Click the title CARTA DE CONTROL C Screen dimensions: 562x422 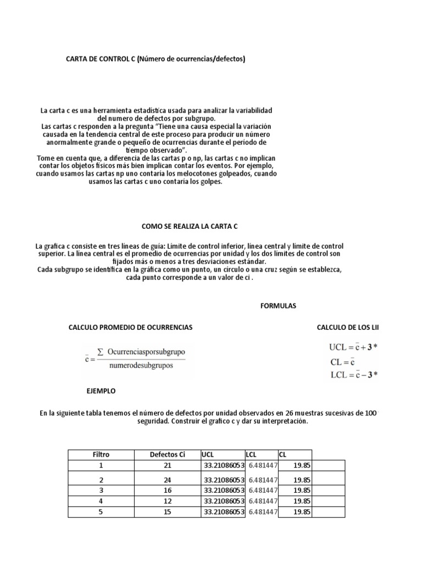click(156, 58)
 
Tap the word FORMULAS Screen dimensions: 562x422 click(278, 306)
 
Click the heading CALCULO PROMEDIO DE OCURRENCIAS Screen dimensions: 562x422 click(130, 327)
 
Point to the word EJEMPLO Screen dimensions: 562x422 click(101, 391)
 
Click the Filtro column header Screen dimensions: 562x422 click(101, 454)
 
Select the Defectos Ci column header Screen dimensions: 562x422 click(168, 454)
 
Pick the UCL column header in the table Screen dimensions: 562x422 click(208, 454)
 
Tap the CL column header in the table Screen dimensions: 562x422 click(282, 454)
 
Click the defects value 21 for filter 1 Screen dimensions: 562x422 click(168, 465)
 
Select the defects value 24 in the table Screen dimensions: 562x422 click(168, 479)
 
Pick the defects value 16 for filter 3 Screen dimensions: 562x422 click(168, 490)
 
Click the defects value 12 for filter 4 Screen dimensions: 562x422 click(168, 501)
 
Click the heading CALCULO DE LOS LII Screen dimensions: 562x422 click(347, 327)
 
